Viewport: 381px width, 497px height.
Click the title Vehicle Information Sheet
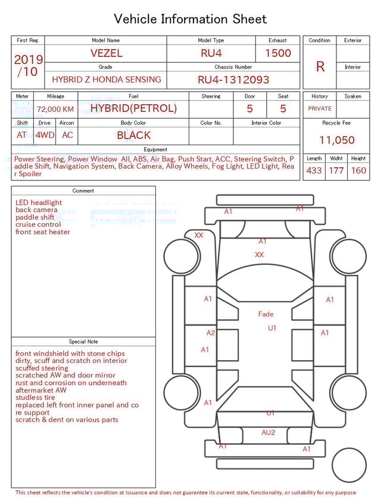[190, 19]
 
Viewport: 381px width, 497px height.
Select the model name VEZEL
[106, 53]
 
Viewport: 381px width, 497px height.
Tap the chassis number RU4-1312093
[233, 79]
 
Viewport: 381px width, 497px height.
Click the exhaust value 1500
[278, 53]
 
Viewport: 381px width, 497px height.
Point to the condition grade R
[320, 67]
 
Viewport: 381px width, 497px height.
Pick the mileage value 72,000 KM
[55, 109]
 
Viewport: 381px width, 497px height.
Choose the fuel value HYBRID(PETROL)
[133, 108]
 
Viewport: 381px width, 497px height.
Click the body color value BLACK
[133, 135]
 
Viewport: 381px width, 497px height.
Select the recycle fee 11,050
[336, 140]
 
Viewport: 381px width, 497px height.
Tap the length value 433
[314, 171]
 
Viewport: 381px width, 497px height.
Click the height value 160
[358, 171]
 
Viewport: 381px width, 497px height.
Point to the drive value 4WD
[45, 135]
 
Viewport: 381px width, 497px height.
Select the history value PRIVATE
[320, 109]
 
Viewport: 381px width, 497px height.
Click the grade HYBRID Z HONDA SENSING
[106, 79]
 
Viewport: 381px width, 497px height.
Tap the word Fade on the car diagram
[266, 314]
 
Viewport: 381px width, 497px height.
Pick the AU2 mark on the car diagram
[269, 433]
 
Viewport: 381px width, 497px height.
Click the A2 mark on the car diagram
[210, 333]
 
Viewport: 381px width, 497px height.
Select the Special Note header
[83, 342]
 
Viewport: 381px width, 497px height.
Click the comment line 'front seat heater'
[43, 232]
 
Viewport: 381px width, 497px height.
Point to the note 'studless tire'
[35, 398]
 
